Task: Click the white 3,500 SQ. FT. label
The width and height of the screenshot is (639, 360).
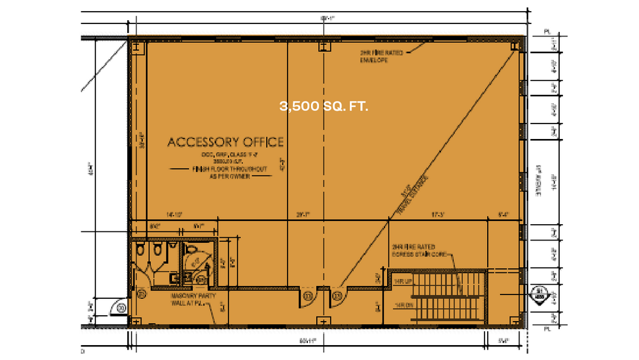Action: pyautogui.click(x=324, y=106)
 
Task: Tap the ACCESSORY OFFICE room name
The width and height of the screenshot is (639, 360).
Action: pyautogui.click(x=225, y=142)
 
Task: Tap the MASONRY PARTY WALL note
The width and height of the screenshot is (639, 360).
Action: pyautogui.click(x=190, y=299)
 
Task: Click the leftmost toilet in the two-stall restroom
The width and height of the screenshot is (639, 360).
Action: pyautogui.click(x=140, y=250)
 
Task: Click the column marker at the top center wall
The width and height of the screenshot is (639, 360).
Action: pyautogui.click(x=323, y=47)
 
